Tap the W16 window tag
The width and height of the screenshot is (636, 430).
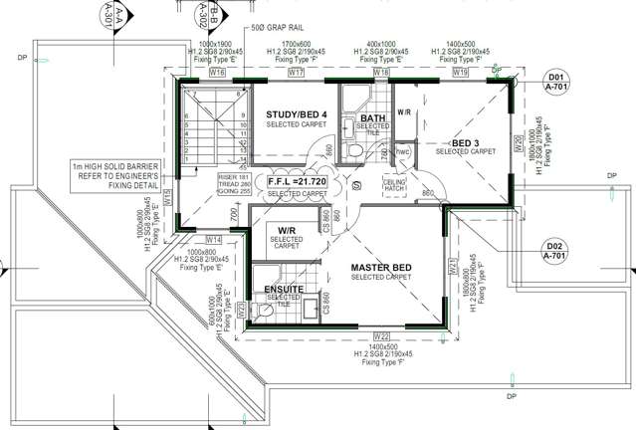[217, 74]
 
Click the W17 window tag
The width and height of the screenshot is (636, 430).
[296, 74]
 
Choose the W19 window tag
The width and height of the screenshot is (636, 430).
[459, 74]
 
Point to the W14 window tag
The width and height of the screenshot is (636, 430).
[214, 240]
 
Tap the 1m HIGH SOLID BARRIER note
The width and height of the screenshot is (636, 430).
[117, 175]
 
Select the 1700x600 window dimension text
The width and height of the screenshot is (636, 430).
[296, 44]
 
